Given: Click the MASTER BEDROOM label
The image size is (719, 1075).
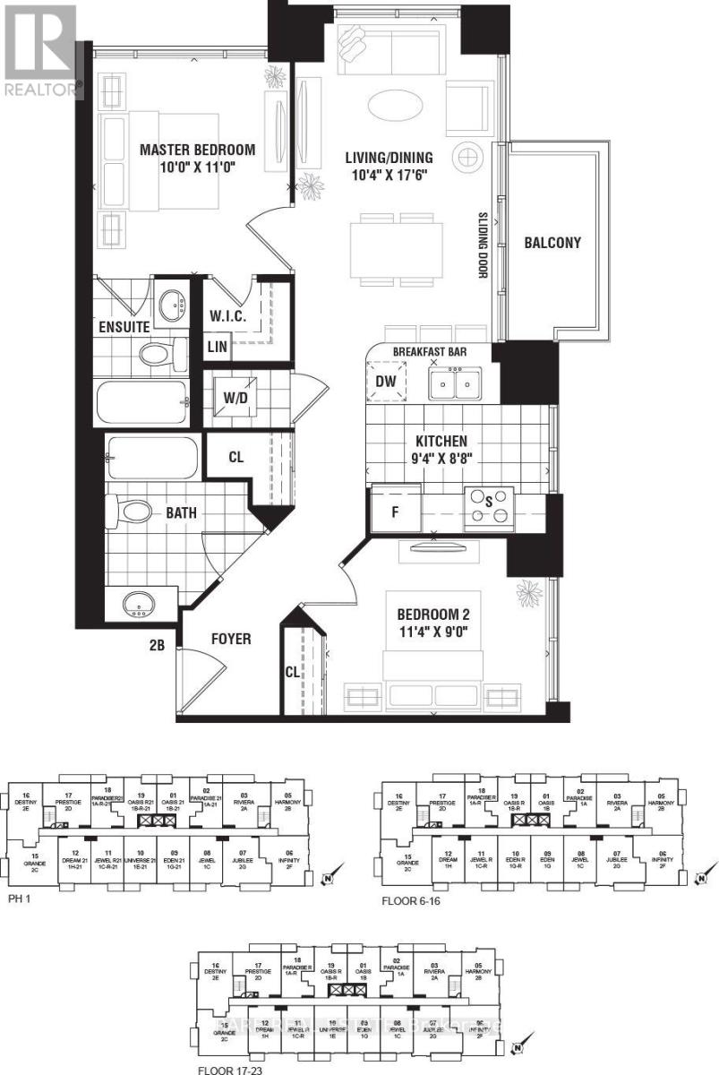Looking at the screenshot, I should coord(197,150).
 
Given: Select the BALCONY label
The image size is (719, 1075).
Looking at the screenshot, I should coord(552,242).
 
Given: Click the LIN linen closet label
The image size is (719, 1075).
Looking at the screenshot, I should coord(217,346).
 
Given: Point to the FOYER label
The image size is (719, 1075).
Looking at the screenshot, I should coord(230,640).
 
